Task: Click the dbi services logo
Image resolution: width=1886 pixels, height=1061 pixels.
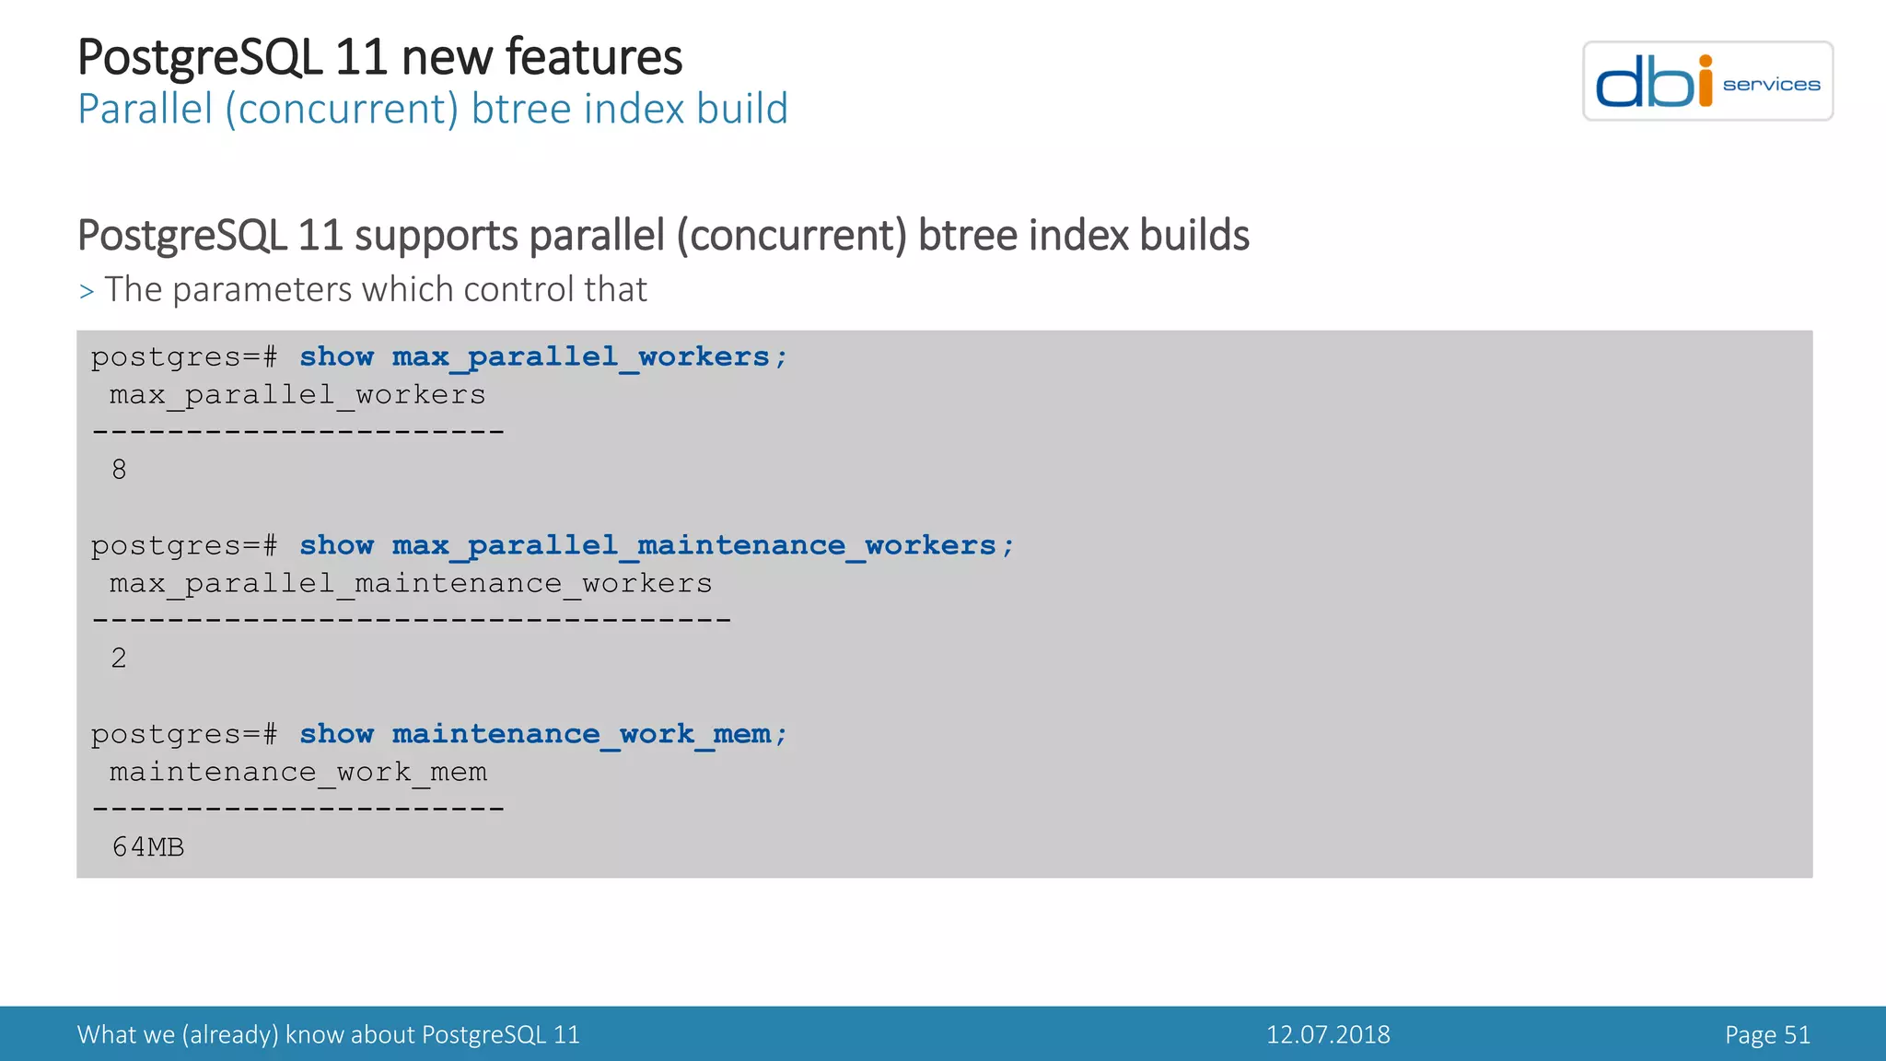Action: [x=1707, y=81]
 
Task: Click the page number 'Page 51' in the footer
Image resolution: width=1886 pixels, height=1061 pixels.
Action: [x=1767, y=1034]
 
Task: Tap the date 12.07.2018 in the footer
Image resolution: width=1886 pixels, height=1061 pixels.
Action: [x=1328, y=1034]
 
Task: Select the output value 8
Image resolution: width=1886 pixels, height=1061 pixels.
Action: [x=119, y=470]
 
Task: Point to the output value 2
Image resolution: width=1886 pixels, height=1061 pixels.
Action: [x=119, y=659]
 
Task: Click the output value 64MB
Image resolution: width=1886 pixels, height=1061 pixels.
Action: [x=148, y=847]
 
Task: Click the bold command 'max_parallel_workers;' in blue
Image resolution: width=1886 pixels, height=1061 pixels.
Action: [x=589, y=357]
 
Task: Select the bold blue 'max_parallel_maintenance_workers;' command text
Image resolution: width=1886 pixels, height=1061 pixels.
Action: [x=703, y=546]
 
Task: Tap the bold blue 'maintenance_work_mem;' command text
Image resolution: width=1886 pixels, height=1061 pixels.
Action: [x=589, y=734]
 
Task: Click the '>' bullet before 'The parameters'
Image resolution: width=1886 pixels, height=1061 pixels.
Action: [x=87, y=292]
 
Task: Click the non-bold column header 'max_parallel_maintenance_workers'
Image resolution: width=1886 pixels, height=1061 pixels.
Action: [x=411, y=584]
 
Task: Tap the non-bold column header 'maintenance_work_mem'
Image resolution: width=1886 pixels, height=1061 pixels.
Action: [x=298, y=772]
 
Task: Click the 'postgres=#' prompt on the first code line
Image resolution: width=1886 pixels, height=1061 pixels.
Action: [x=184, y=357]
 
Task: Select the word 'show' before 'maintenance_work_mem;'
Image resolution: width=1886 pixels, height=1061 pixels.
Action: [x=336, y=734]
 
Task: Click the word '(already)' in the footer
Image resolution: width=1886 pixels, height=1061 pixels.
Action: [x=229, y=1035]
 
